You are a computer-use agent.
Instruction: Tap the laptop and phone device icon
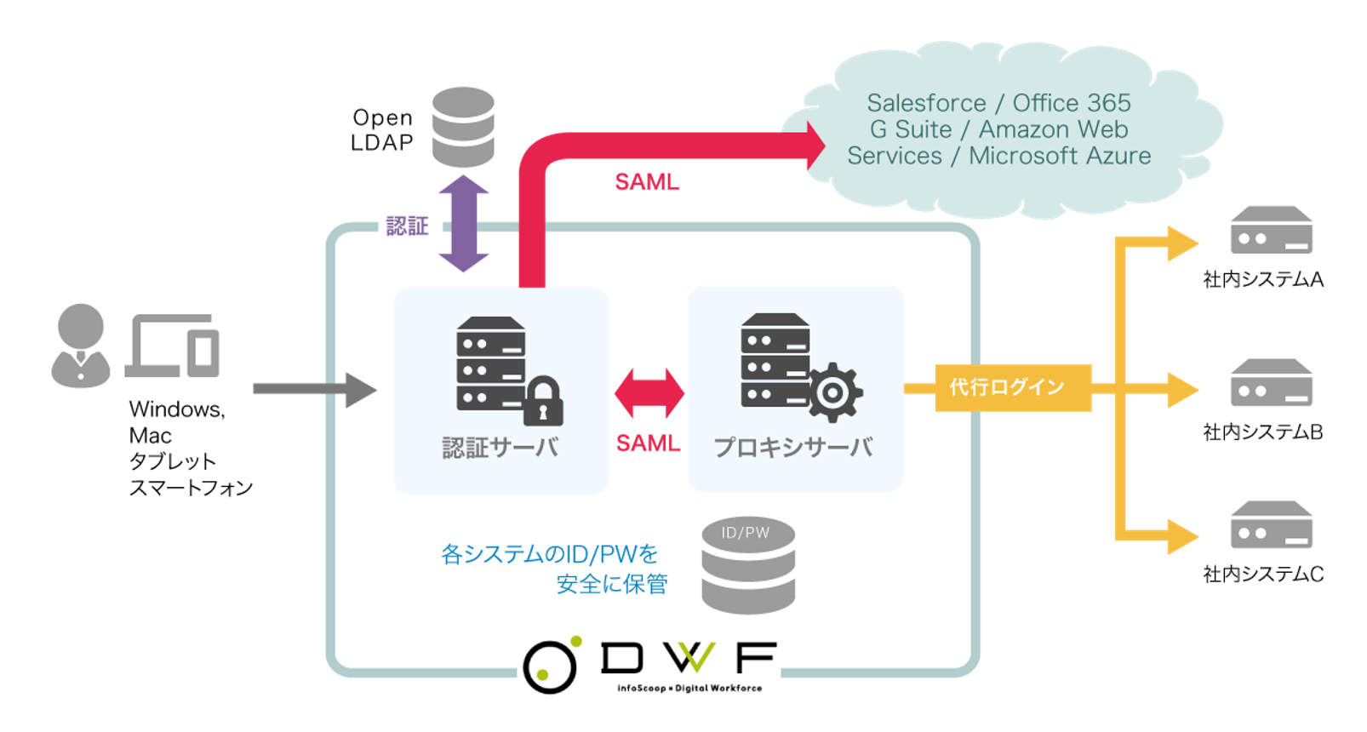[x=174, y=346]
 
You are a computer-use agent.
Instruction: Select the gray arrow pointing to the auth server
[x=314, y=389]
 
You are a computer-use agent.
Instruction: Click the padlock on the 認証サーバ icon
[x=543, y=401]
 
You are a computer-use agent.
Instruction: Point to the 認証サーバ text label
[x=500, y=448]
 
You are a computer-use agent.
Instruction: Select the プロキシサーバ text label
[x=793, y=448]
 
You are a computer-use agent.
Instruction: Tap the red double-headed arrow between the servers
[x=649, y=393]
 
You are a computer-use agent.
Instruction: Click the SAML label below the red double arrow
[x=649, y=443]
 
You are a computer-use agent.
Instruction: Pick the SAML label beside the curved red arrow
[x=647, y=181]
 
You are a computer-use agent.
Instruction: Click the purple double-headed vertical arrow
[x=464, y=223]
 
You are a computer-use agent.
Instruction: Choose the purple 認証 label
[x=407, y=226]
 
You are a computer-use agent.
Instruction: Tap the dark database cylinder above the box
[x=463, y=127]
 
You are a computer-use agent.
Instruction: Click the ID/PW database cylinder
[x=748, y=565]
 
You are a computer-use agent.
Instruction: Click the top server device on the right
[x=1271, y=231]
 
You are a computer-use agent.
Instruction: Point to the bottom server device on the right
[x=1271, y=525]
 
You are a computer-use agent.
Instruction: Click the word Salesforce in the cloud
[x=926, y=103]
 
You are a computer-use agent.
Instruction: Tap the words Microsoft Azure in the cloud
[x=1060, y=156]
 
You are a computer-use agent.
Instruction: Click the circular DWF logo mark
[x=550, y=666]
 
